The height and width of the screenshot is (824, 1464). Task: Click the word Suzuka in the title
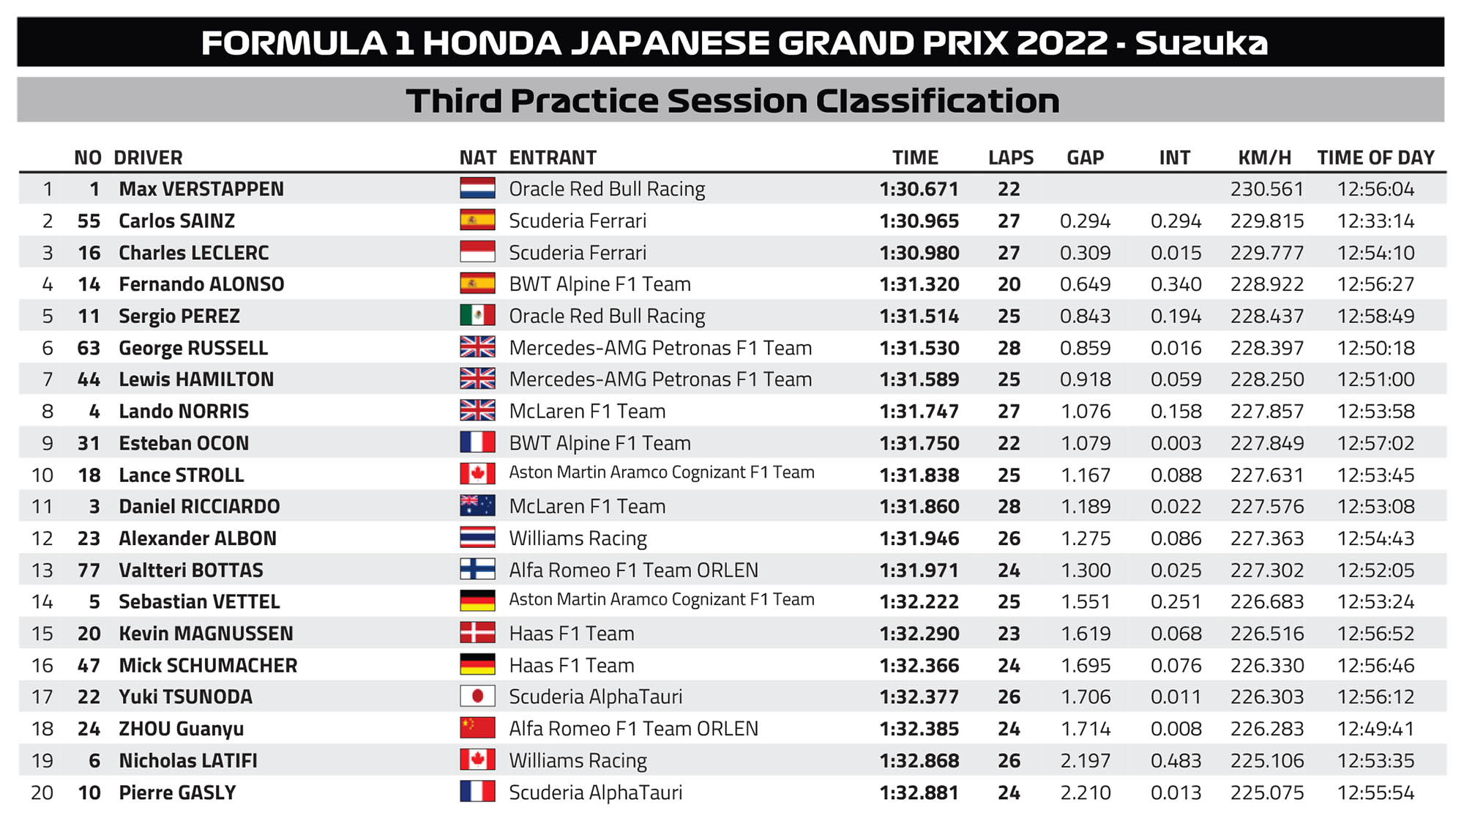(1200, 43)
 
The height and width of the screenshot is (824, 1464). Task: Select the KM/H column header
(1264, 157)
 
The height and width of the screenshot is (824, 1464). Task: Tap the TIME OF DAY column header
(1375, 157)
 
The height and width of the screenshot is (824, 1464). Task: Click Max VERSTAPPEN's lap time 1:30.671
(919, 189)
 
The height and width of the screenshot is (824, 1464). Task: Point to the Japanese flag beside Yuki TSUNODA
(477, 696)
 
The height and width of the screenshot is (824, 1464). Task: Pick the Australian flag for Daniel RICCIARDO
(477, 505)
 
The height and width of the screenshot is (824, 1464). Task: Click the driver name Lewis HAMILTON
(196, 379)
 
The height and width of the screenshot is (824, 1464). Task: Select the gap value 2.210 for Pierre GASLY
(1086, 793)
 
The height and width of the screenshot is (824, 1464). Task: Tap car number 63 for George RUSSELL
(89, 348)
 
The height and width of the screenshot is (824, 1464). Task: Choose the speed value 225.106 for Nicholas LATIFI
(1266, 760)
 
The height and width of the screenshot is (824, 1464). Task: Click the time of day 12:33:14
(1375, 221)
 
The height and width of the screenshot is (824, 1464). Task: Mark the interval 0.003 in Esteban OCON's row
(1176, 443)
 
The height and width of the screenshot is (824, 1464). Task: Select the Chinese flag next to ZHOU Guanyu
(477, 727)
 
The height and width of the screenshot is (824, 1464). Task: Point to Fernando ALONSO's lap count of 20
(1009, 284)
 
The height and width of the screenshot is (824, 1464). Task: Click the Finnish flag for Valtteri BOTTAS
(477, 569)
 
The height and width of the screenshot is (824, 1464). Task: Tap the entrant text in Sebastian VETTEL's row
(661, 600)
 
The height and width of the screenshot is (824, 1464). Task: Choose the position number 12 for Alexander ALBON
(42, 538)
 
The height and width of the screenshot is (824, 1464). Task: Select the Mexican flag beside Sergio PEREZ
(477, 315)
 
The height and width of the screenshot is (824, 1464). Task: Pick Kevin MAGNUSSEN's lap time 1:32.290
(919, 634)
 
